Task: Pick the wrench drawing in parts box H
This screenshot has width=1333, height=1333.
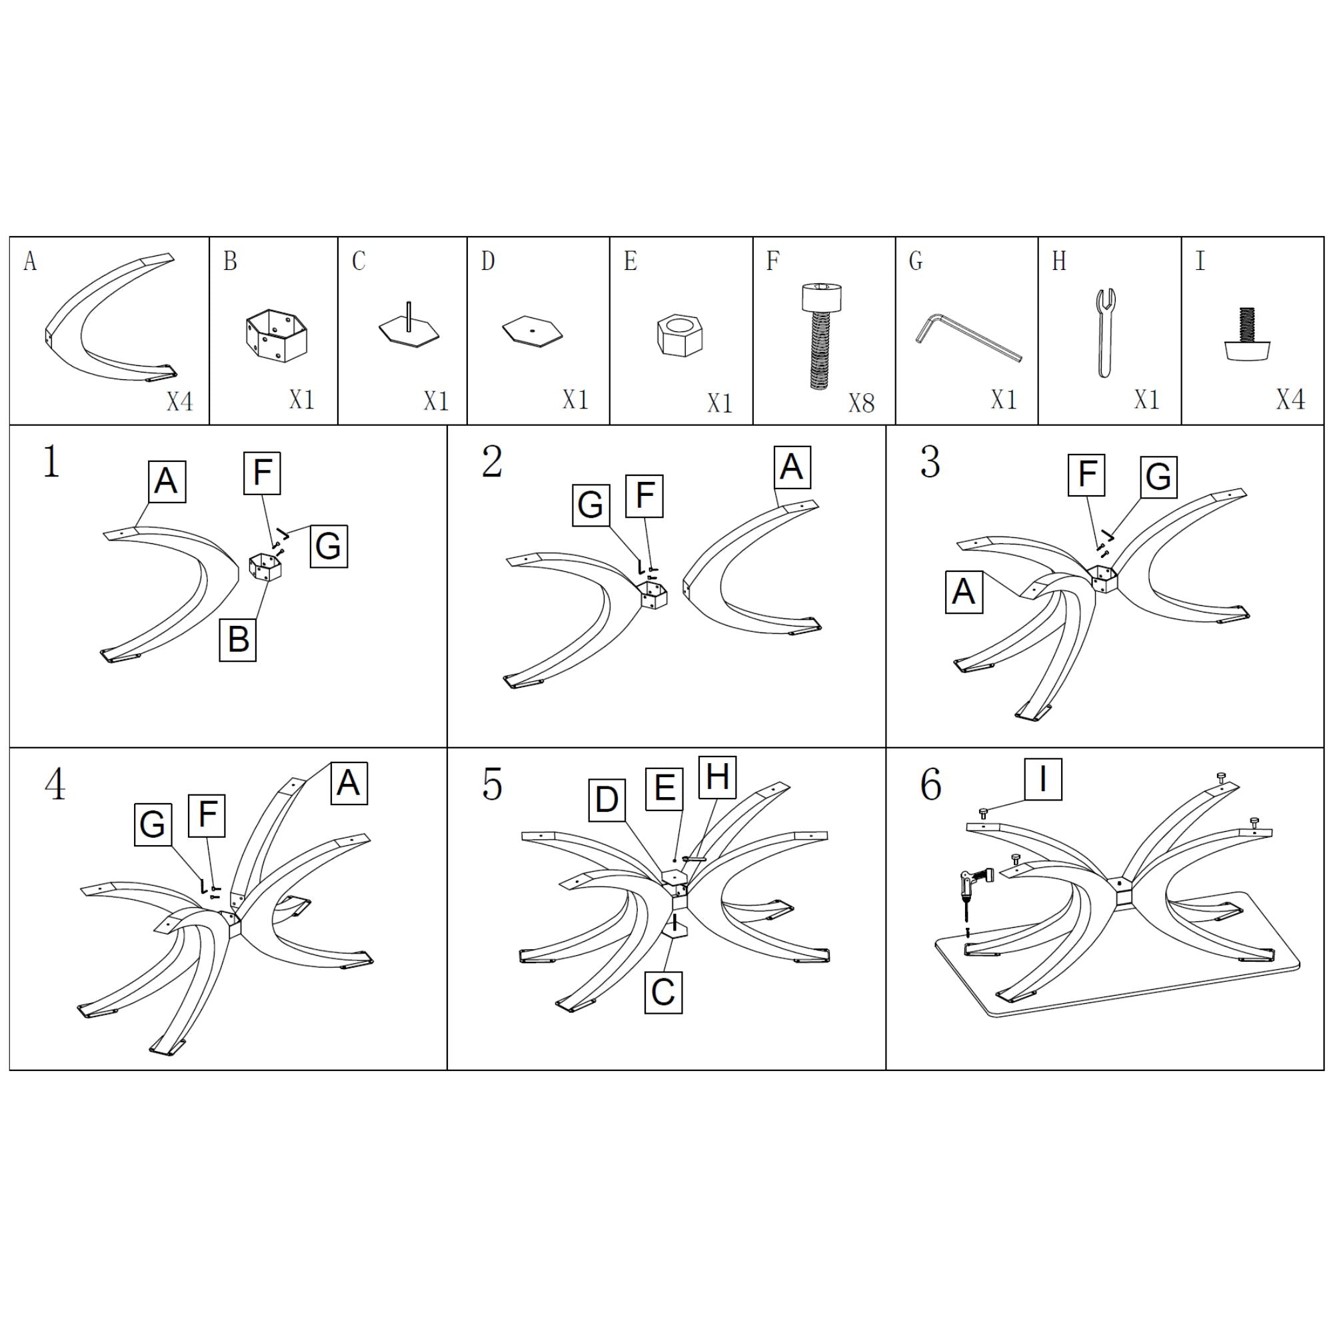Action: [x=1105, y=333]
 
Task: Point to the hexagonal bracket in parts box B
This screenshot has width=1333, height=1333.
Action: [x=276, y=335]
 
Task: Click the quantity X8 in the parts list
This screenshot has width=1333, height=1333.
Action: [x=861, y=403]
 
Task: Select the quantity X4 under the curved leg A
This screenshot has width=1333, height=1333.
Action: [x=179, y=401]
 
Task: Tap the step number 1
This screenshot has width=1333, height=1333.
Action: [x=52, y=462]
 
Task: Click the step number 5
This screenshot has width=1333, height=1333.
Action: [x=492, y=784]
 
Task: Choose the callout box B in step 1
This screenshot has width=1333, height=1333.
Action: [x=238, y=640]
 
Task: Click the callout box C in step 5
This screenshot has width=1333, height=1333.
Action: [x=663, y=992]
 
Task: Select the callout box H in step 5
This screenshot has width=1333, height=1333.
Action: [x=718, y=776]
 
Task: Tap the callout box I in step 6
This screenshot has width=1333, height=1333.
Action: [x=1042, y=779]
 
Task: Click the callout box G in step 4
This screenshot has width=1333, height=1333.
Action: [x=153, y=824]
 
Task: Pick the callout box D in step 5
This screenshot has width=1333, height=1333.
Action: [x=607, y=800]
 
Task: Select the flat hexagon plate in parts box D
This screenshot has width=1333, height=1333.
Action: [x=532, y=330]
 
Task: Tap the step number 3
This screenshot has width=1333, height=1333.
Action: [x=930, y=462]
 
